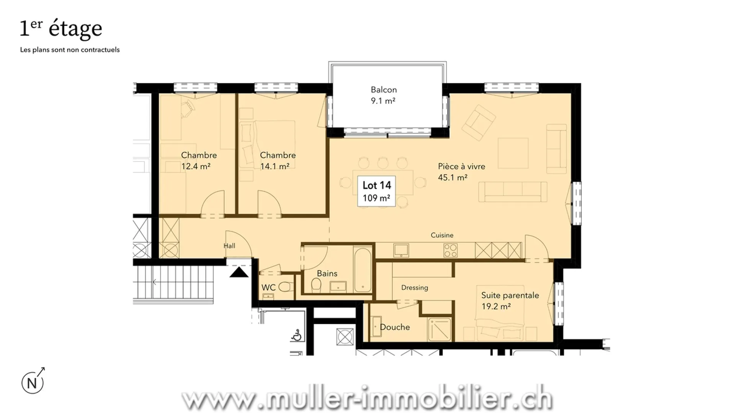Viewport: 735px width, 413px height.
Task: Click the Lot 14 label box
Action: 376,191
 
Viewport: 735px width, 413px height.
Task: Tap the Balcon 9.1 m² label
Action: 384,95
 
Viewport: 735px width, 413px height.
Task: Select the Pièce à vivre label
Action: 461,172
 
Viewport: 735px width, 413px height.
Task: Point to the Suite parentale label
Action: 510,301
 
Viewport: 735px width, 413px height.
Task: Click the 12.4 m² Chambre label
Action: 199,161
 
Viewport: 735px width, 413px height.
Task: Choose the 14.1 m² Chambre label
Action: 278,161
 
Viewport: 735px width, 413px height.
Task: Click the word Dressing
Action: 415,288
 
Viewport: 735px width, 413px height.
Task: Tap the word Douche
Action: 395,327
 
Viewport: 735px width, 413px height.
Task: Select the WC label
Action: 268,288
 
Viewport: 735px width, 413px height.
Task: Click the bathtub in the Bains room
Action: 363,270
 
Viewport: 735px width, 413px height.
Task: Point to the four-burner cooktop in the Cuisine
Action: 451,250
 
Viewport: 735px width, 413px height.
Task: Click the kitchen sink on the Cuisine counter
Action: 401,250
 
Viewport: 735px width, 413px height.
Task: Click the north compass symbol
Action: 33,381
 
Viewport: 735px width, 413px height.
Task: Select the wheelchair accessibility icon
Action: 296,335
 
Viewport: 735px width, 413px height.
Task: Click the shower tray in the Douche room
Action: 440,329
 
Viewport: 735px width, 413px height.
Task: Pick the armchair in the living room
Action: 479,122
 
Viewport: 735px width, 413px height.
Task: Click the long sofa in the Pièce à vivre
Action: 513,192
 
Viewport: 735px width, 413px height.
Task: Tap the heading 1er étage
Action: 61,28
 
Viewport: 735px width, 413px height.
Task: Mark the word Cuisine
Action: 442,235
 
